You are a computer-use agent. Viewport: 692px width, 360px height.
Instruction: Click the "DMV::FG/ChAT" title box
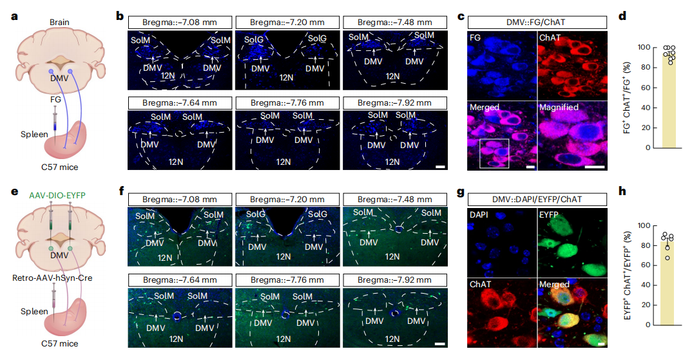pos(536,22)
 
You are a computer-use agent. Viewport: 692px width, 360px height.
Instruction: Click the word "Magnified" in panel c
pos(559,107)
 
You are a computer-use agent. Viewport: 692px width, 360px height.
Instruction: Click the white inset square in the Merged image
pos(494,153)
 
